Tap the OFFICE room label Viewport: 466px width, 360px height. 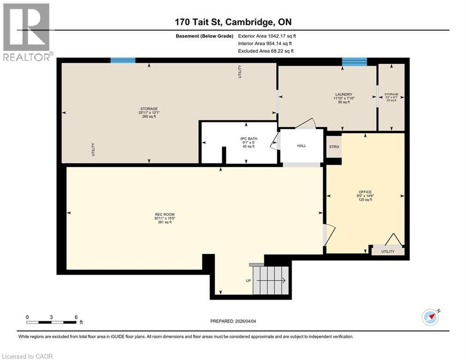coord(365,192)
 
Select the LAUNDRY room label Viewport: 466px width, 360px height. coord(343,95)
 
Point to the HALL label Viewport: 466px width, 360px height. coord(302,146)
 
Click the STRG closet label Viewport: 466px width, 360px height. coord(334,147)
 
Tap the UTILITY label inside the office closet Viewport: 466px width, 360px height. coord(388,252)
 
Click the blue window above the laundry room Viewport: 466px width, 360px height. coord(354,61)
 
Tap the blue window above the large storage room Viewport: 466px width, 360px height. coord(123,60)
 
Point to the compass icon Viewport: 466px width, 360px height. coord(430,317)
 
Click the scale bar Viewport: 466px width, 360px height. coord(52,322)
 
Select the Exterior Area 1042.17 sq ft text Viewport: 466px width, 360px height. coord(267,36)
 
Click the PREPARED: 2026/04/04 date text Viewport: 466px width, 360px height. coord(234,321)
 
